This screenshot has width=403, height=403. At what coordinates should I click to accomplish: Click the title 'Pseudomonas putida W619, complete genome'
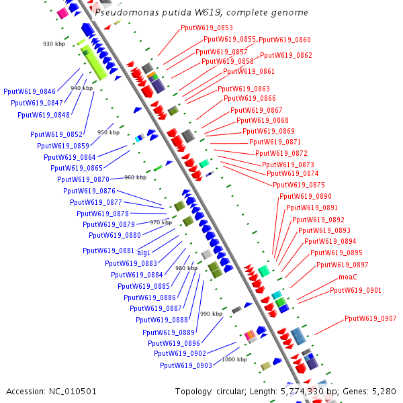pyautogui.click(x=201, y=12)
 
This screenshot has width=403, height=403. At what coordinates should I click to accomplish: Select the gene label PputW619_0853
pyautogui.click(x=207, y=28)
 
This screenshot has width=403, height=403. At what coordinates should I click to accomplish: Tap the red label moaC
pyautogui.click(x=348, y=277)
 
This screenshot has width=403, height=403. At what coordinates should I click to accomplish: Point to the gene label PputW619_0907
pyautogui.click(x=371, y=318)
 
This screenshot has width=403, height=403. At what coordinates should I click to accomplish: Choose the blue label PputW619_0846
pyautogui.click(x=30, y=91)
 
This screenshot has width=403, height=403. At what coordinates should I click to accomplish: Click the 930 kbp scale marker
pyautogui.click(x=53, y=44)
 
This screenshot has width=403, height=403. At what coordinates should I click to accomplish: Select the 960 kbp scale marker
pyautogui.click(x=135, y=177)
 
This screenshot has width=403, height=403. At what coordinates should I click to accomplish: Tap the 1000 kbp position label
pyautogui.click(x=234, y=359)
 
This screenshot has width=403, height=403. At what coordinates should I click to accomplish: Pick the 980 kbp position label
pyautogui.click(x=186, y=268)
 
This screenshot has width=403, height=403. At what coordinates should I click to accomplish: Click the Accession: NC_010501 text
pyautogui.click(x=52, y=391)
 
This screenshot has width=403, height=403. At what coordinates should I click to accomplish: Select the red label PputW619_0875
pyautogui.click(x=299, y=185)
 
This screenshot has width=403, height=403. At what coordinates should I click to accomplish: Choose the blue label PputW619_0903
pyautogui.click(x=186, y=365)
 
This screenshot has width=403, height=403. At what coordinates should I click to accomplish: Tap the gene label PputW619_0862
pyautogui.click(x=286, y=55)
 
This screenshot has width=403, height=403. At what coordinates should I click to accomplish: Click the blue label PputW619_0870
pyautogui.click(x=83, y=179)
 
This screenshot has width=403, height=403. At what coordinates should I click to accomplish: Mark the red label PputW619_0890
pyautogui.click(x=306, y=196)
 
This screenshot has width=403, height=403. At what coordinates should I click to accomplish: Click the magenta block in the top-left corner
pyautogui.click(x=62, y=13)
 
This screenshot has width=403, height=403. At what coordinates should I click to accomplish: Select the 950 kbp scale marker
pyautogui.click(x=108, y=132)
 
